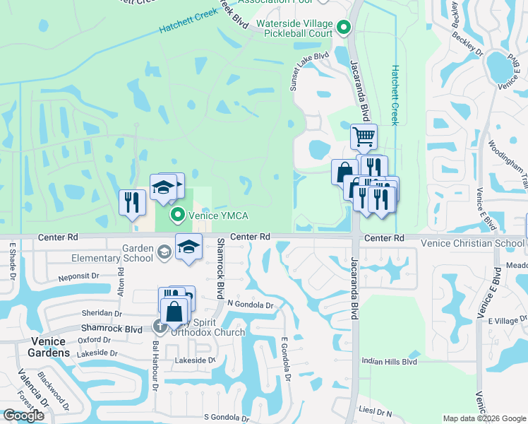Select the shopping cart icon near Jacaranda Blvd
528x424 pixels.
[364, 136]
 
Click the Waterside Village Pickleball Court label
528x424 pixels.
[294, 28]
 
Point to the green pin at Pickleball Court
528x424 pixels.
[343, 28]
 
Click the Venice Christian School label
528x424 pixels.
[472, 243]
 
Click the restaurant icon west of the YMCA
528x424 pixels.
[131, 201]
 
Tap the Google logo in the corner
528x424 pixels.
[23, 416]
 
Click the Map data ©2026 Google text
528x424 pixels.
[484, 418]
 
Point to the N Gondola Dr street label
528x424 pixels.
[250, 305]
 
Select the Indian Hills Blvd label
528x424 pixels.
[389, 361]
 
